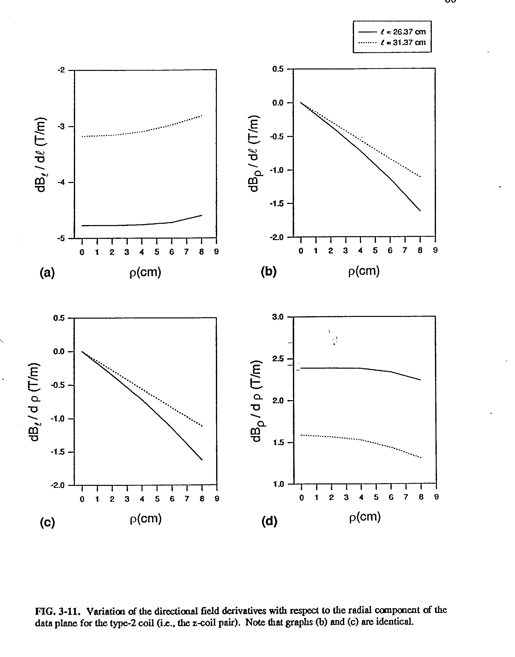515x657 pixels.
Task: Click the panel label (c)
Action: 47,523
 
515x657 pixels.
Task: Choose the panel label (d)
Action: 269,521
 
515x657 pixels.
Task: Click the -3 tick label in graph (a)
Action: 61,126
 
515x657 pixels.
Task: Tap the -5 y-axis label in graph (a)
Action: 61,238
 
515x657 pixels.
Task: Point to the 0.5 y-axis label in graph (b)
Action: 278,69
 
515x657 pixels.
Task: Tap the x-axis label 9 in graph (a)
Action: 216,252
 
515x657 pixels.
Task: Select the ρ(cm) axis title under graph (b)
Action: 364,271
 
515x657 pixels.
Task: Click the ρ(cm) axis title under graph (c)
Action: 146,519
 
